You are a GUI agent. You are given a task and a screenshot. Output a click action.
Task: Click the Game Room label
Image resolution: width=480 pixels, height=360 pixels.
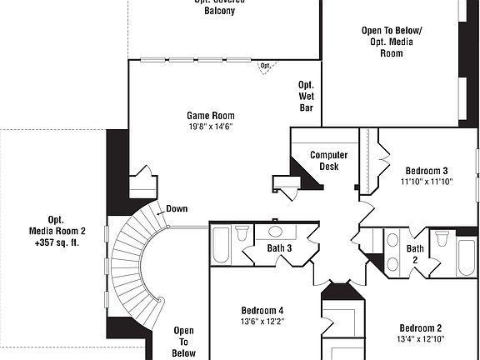point(210,116)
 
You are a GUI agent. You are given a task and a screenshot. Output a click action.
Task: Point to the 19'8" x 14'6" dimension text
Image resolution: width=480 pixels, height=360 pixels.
point(210,127)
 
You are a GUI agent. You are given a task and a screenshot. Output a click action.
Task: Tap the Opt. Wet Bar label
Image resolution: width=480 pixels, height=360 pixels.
point(306,96)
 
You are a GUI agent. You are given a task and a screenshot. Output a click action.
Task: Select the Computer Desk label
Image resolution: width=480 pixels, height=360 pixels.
point(328,161)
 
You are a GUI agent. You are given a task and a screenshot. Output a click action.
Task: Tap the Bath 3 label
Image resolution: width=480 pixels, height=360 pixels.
point(279,248)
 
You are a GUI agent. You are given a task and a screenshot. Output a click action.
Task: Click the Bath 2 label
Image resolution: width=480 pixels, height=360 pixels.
point(415,254)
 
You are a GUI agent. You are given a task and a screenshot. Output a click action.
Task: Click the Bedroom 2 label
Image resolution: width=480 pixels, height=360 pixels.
point(420,327)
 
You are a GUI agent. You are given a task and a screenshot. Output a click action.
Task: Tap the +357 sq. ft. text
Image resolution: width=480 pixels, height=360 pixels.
point(57,243)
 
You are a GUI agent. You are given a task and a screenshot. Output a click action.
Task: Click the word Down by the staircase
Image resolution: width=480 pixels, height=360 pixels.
point(176,209)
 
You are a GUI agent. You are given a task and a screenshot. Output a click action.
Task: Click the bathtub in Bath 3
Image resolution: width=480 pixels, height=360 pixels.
point(222,244)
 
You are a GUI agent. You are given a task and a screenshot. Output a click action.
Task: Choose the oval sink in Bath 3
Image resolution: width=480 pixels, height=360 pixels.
point(277,232)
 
